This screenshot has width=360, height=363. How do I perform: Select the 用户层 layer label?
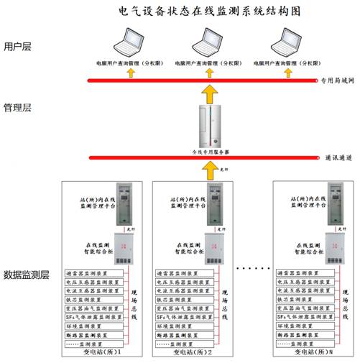click(18, 47)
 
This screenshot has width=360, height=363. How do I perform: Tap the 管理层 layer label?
click(18, 109)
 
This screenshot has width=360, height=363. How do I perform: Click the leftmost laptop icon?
click(133, 43)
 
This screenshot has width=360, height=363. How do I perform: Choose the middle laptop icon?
click(206, 43)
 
